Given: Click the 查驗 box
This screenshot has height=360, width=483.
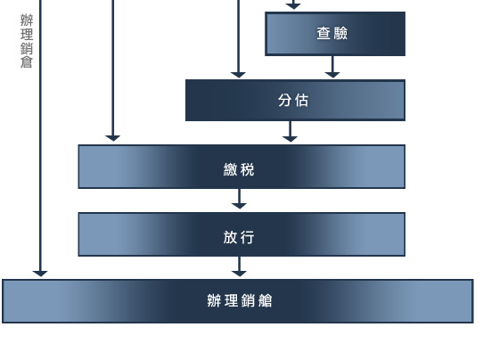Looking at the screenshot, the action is [x=335, y=34].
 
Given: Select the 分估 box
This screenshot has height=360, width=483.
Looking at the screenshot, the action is [x=295, y=100].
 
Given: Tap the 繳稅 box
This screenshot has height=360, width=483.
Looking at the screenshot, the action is [x=241, y=167].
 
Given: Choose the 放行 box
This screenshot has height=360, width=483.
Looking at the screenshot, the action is [x=241, y=234].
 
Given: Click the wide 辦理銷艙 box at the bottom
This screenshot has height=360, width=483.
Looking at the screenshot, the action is [x=238, y=301].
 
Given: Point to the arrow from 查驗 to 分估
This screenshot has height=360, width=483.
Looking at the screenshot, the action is [x=332, y=67].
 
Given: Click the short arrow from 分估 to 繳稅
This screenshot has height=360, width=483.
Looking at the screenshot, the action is [x=290, y=132].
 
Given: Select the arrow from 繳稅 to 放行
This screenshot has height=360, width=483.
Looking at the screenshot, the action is [x=239, y=199].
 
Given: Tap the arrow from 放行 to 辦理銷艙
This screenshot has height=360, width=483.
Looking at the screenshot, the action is [x=239, y=266].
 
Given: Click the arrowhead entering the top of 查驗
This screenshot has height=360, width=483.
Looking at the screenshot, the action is [x=293, y=5].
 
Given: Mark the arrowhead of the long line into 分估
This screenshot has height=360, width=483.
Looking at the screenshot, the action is [x=238, y=75].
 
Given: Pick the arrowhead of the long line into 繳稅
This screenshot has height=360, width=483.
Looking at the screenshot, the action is [x=113, y=138].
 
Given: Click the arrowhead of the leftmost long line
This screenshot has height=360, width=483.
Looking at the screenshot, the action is [x=40, y=274].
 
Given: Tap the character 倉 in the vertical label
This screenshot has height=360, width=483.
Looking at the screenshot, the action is [x=27, y=62].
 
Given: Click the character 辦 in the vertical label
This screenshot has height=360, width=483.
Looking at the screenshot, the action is [x=27, y=20].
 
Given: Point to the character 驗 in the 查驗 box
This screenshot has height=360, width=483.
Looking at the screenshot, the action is [x=340, y=33].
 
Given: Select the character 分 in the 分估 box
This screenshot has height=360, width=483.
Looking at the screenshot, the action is [x=285, y=100].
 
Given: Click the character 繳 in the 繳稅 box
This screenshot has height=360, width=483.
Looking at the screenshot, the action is [x=231, y=169].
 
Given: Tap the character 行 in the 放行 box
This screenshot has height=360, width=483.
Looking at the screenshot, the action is [x=248, y=237].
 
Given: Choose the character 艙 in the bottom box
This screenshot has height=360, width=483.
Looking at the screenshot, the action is [x=265, y=300].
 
